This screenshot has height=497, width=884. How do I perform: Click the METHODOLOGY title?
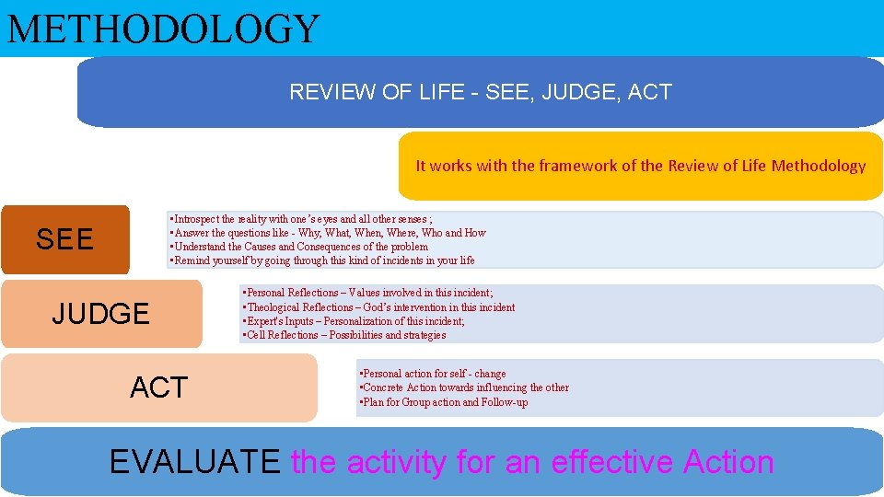click(163, 29)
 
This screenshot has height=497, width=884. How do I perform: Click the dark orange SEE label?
click(64, 240)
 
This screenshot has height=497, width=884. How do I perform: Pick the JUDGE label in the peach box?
click(100, 314)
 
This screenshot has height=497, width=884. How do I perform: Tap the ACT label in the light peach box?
click(158, 387)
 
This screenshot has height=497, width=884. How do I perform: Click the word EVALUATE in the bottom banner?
click(194, 461)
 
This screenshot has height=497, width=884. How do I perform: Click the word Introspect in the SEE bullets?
click(202, 220)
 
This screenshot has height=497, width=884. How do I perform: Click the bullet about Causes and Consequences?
click(300, 247)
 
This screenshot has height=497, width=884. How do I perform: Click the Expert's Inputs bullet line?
click(355, 321)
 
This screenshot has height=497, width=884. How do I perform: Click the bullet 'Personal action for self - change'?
click(434, 374)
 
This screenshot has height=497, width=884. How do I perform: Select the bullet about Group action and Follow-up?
click(445, 402)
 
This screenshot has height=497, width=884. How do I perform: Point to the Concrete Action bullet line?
click(465, 387)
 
